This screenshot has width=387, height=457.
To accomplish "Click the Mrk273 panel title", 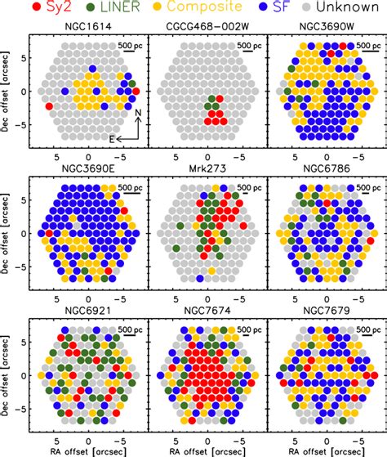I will (208, 173).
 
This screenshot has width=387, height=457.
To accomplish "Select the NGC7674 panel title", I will (208, 316).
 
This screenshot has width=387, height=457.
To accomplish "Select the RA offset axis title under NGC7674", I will (207, 450).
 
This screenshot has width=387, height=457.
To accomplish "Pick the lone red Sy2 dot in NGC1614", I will (50, 106).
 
